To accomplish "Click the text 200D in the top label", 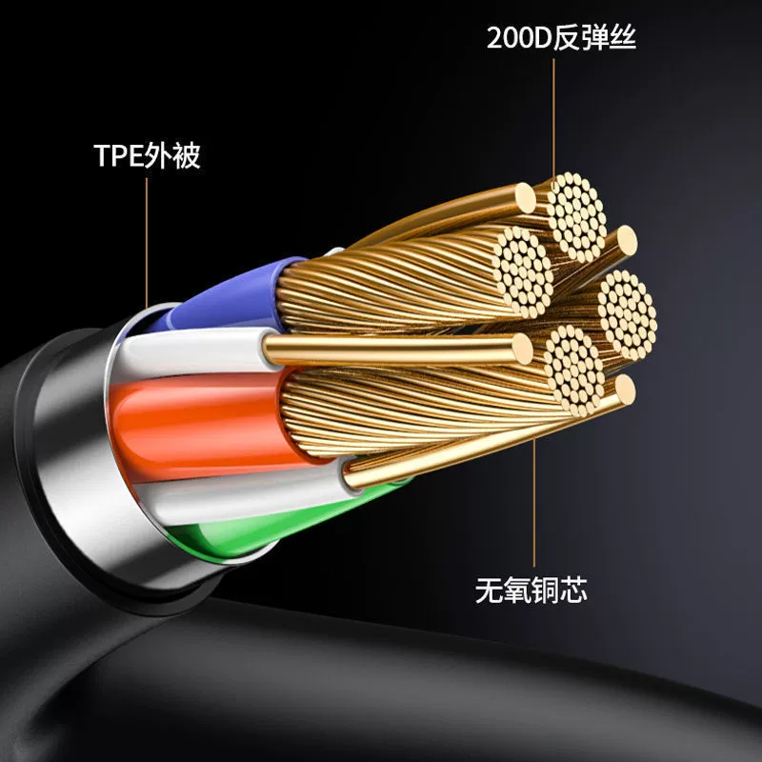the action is (x=519, y=38).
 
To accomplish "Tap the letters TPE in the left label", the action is (x=119, y=155).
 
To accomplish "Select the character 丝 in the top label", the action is (x=623, y=37).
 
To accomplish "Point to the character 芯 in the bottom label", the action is (x=572, y=590).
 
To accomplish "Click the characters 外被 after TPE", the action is (x=173, y=155).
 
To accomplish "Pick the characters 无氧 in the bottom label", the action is (x=503, y=590).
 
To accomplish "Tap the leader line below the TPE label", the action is (x=147, y=243).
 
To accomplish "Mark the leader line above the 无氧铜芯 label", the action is (x=533, y=503).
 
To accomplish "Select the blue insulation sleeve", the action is (x=229, y=297).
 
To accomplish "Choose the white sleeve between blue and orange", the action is (x=194, y=349).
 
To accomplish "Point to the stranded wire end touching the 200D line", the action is (x=577, y=217).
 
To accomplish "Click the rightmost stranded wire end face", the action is (x=628, y=314).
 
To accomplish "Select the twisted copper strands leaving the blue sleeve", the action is (x=398, y=282).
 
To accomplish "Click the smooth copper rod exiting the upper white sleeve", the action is (x=397, y=349).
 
